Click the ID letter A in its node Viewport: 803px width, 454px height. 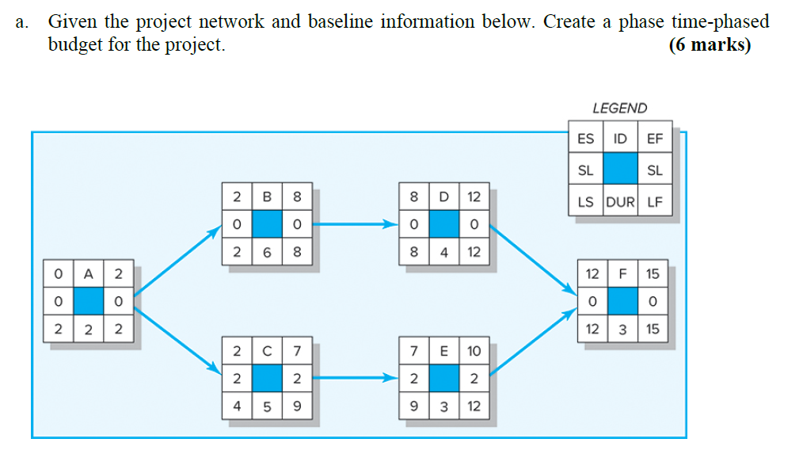tap(89, 273)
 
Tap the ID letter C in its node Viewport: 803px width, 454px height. tap(267, 350)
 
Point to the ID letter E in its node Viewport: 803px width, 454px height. tap(444, 350)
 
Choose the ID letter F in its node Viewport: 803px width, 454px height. tap(622, 273)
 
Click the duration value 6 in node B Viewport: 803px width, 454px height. tap(267, 254)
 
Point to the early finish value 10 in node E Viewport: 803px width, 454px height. tap(474, 350)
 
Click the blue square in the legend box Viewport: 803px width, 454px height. tap(620, 170)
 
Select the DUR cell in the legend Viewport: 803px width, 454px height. tap(620, 201)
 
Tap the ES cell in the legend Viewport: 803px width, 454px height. tap(585, 139)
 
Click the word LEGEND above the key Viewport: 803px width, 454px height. tap(619, 108)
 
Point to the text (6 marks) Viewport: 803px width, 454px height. tap(710, 44)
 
